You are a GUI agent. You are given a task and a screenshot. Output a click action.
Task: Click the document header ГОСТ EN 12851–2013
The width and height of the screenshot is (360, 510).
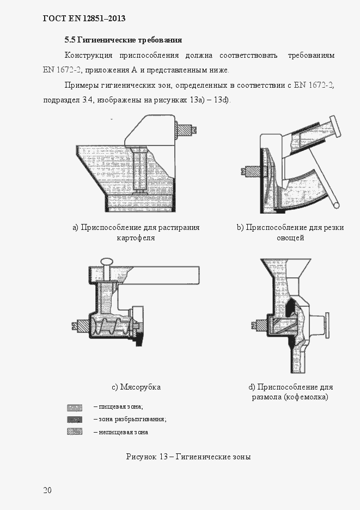tap(84, 19)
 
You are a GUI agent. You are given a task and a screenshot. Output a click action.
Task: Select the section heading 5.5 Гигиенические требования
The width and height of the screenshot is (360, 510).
tap(123, 40)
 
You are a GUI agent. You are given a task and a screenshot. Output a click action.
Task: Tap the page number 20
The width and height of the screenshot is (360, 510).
tap(47, 490)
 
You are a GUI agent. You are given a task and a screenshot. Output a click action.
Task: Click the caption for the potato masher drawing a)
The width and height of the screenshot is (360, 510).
tap(136, 233)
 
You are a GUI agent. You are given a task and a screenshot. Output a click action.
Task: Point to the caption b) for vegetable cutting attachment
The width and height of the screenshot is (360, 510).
tap(290, 233)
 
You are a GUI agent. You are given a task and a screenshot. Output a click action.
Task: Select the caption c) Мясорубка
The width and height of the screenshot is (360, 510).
tap(136, 387)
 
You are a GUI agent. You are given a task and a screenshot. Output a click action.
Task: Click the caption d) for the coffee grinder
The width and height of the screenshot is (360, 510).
tap(290, 392)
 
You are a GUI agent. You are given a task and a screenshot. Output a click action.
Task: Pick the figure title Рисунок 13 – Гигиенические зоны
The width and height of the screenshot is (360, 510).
tap(188, 457)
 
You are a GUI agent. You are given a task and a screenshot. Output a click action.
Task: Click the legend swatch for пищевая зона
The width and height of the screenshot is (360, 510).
tap(74, 407)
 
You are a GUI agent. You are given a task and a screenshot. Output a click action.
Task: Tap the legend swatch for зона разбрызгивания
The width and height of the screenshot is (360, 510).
tap(74, 420)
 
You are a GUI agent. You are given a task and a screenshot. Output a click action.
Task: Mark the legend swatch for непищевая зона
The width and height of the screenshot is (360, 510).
tap(74, 432)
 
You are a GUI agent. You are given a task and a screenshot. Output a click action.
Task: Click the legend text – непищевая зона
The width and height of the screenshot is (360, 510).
tap(120, 432)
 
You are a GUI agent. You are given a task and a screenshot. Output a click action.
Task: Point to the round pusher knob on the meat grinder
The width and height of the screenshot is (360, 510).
tap(107, 262)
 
